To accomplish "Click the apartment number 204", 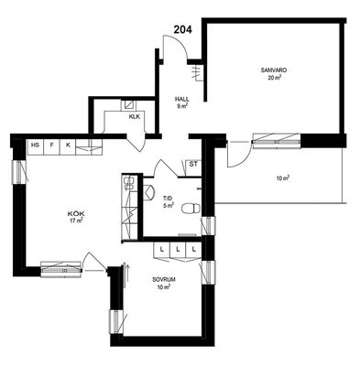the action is [x=183, y=29].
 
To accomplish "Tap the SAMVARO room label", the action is [x=274, y=70].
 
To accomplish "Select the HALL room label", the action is [x=181, y=99].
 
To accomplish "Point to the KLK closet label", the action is [x=135, y=116].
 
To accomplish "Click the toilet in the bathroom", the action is [x=191, y=209].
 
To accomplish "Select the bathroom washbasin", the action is [x=148, y=192].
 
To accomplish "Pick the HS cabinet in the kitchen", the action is [x=36, y=146].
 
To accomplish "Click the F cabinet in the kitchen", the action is [x=52, y=146].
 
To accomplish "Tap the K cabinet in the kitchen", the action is [x=68, y=146].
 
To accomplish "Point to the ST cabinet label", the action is [x=193, y=165].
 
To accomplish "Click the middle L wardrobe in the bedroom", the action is [x=178, y=250].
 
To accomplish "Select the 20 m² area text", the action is [x=275, y=78].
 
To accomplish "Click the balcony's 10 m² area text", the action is [x=283, y=178].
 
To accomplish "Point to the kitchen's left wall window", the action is [x=19, y=172].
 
